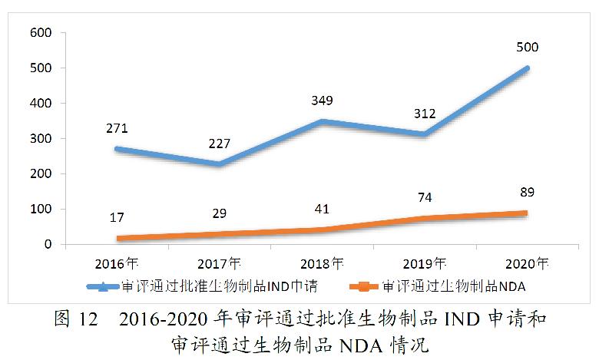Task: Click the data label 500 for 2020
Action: pos(527,48)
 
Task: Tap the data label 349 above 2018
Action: pos(322,101)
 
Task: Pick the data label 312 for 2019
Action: pos(424,114)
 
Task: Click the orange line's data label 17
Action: pos(117,219)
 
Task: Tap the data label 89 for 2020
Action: pos(527,192)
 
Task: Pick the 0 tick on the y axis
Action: pos(47,245)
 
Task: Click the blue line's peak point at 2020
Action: pos(527,68)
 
